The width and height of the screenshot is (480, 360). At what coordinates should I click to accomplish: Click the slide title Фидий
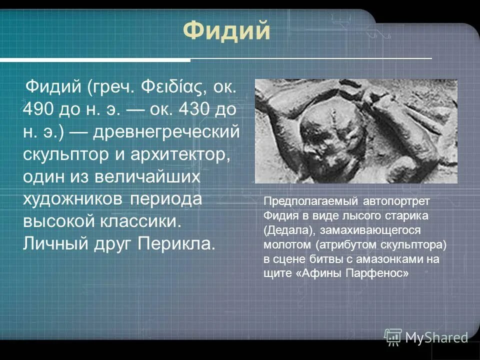tap(226, 31)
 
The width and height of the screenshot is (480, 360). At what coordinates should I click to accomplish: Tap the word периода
tap(166, 198)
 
